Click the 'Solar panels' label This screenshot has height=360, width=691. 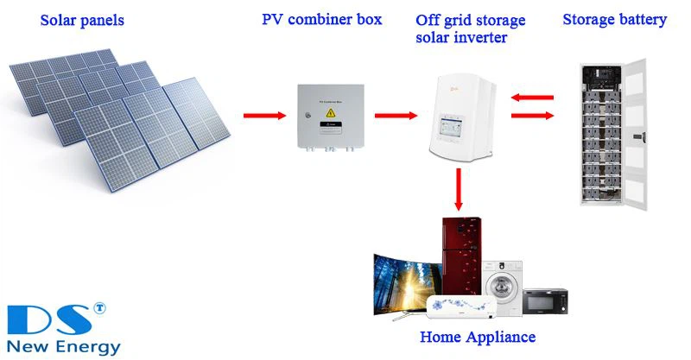84,19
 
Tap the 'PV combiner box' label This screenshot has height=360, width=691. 322,19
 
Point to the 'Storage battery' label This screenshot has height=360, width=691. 614,19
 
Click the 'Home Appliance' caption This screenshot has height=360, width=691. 477,337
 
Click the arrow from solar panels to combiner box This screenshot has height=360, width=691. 263,114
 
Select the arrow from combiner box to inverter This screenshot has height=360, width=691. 396,114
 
